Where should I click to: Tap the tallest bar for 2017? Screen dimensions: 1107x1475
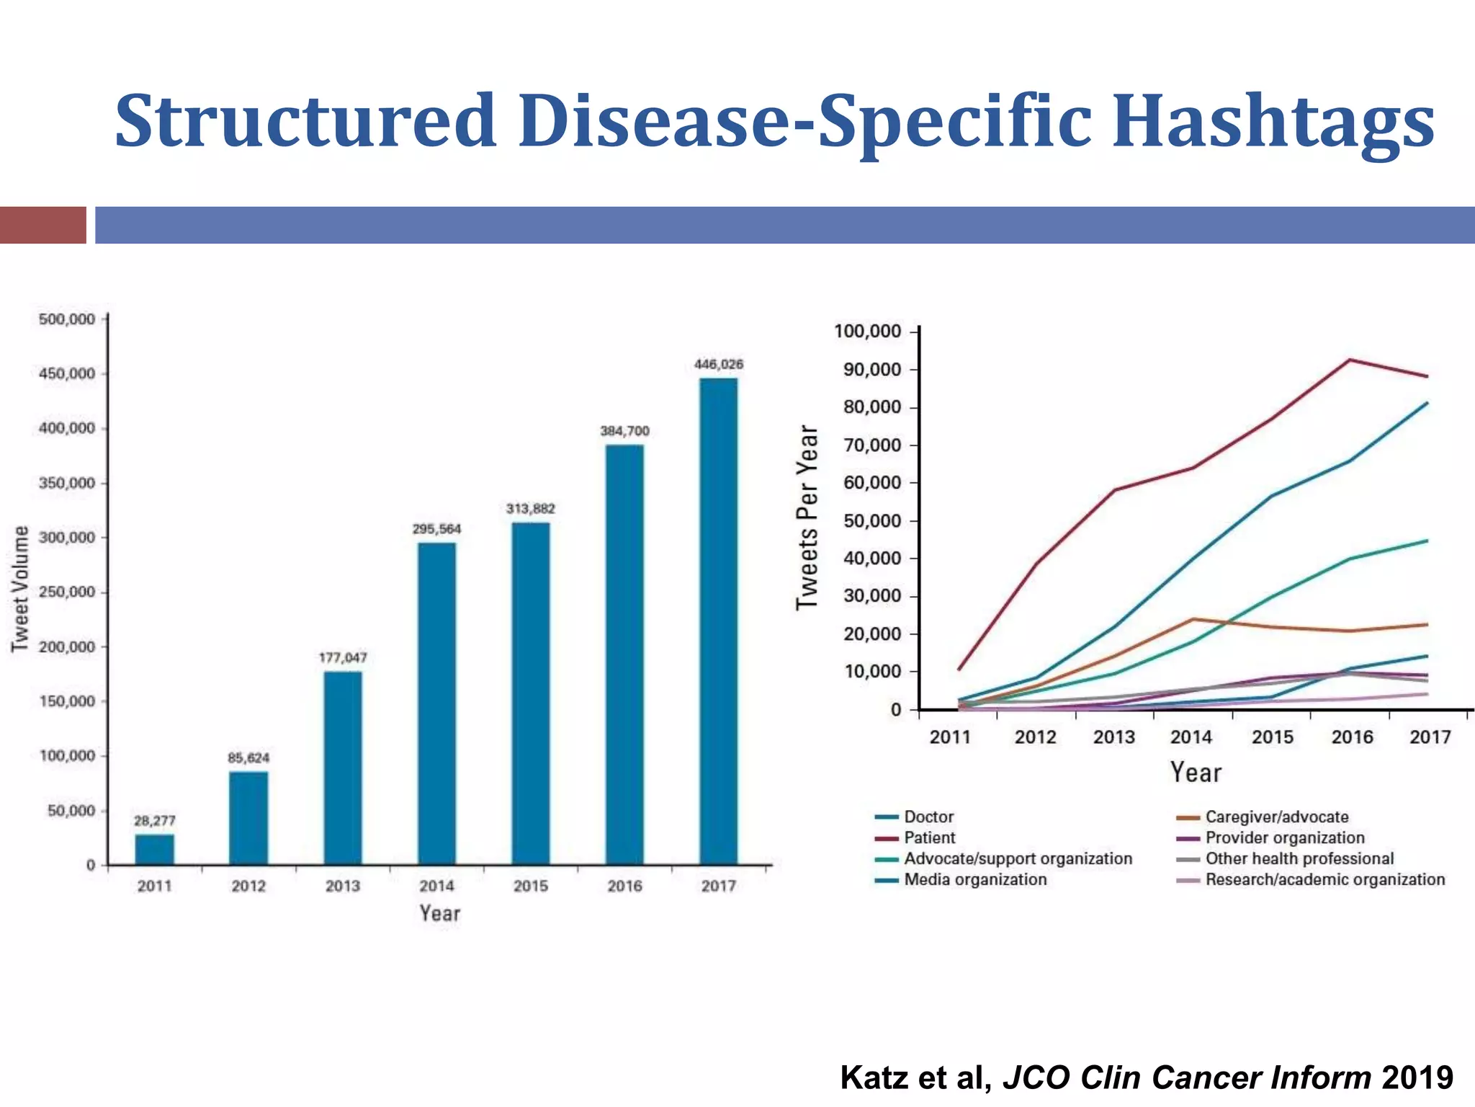tap(718, 620)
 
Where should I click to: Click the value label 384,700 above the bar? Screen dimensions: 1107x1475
tap(624, 431)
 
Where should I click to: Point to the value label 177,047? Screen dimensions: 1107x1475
tap(343, 657)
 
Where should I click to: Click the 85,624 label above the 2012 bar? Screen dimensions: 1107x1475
tap(248, 757)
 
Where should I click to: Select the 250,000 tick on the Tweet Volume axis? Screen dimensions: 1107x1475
tap(67, 592)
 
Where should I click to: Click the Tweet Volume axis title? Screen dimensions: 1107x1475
tap(20, 589)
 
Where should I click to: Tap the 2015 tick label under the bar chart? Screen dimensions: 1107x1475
tap(530, 886)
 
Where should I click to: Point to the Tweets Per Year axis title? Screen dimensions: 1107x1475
tap(807, 517)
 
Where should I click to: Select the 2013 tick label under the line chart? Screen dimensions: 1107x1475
tap(1113, 737)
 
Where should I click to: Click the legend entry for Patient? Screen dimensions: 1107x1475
tap(929, 837)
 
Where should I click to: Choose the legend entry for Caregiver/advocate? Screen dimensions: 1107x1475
tap(1276, 817)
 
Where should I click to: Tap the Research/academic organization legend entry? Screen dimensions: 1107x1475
tap(1324, 879)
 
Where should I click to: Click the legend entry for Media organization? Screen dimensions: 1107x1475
tap(974, 879)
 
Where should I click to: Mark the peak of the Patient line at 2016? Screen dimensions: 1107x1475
tap(1349, 360)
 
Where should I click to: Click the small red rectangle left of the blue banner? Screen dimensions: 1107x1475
tap(42, 225)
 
